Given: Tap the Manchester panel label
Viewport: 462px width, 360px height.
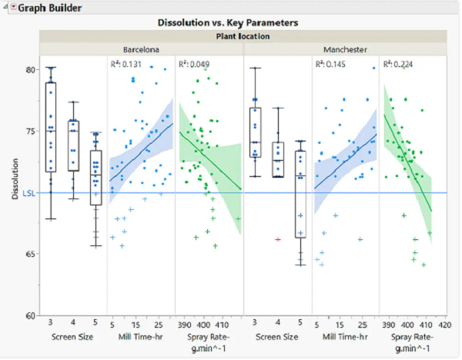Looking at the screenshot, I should point(345,48).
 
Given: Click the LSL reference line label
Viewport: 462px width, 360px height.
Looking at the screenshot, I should point(28,193).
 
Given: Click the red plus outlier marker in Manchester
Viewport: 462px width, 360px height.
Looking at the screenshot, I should point(277,239).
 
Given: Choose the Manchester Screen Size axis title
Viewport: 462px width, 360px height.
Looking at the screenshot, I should point(277,337).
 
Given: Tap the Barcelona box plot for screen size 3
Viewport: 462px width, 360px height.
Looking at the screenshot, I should point(52,127).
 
